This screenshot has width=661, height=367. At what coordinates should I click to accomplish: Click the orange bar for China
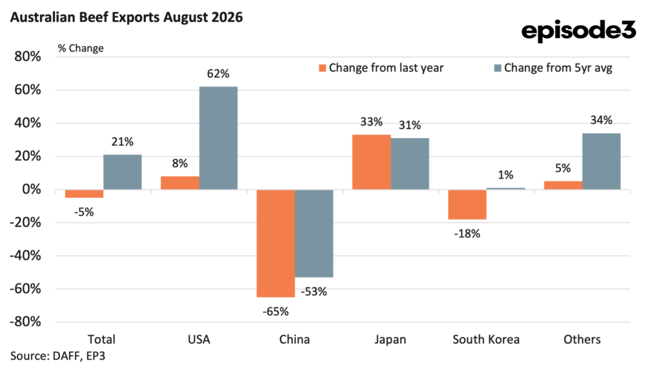(276, 244)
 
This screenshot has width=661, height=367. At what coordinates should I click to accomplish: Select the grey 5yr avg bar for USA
(218, 138)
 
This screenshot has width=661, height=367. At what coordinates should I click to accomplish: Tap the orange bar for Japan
(371, 163)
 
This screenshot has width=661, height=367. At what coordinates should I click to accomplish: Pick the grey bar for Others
(601, 161)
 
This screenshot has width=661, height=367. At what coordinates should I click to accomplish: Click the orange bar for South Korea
(467, 204)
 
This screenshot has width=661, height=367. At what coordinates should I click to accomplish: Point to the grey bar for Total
(122, 172)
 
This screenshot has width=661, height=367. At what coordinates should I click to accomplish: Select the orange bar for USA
(180, 183)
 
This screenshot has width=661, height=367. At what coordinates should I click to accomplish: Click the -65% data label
(276, 312)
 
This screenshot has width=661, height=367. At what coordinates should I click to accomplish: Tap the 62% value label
(218, 74)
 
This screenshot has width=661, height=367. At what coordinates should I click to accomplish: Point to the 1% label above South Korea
(505, 175)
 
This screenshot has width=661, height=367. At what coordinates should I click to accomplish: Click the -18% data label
(467, 234)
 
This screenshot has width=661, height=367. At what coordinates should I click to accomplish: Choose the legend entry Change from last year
(381, 68)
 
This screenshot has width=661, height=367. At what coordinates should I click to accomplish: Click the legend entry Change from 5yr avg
(553, 68)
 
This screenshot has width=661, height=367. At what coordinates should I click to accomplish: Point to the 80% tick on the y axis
(28, 57)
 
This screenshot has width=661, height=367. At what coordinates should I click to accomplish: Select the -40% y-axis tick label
(25, 256)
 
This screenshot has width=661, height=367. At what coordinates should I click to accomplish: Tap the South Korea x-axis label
(486, 340)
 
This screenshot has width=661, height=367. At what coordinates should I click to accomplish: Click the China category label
(294, 340)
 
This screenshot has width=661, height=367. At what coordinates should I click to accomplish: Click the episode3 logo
(578, 30)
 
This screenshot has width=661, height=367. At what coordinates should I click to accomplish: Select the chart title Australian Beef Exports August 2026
(127, 17)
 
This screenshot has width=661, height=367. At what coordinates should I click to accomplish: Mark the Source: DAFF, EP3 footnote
(57, 356)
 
